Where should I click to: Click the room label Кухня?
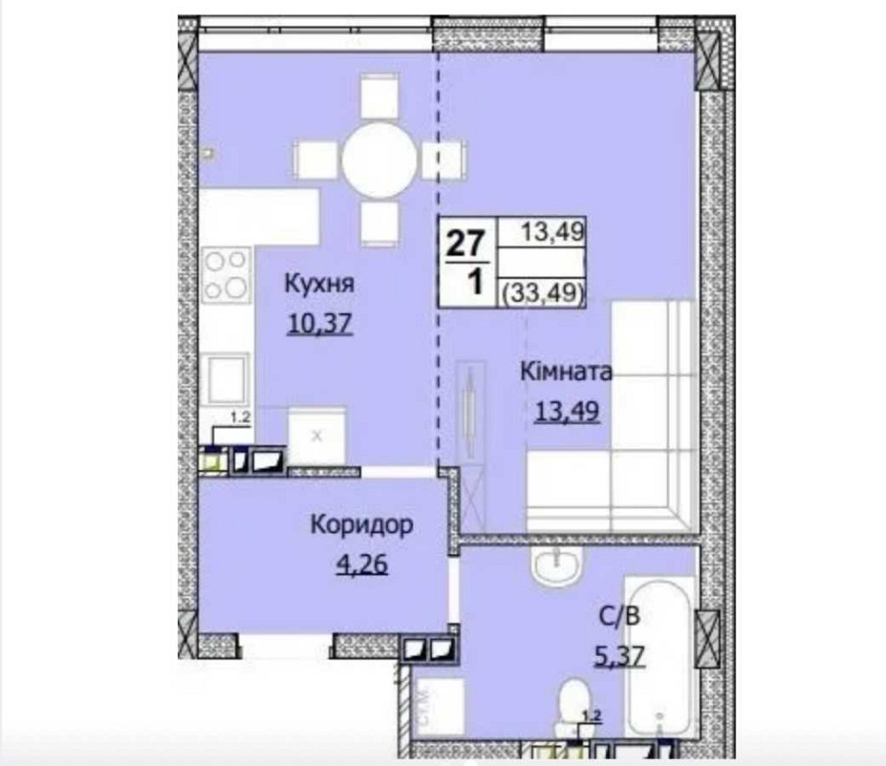[319, 285]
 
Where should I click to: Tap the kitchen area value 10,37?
[320, 324]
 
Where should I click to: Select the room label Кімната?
[565, 371]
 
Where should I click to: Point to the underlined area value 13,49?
[566, 410]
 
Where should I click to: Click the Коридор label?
[361, 526]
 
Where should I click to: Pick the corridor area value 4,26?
[361, 564]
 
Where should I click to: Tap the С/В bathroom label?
[619, 616]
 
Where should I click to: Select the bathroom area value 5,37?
[619, 656]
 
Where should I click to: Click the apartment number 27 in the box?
[466, 242]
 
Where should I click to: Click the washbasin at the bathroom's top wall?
[557, 564]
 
